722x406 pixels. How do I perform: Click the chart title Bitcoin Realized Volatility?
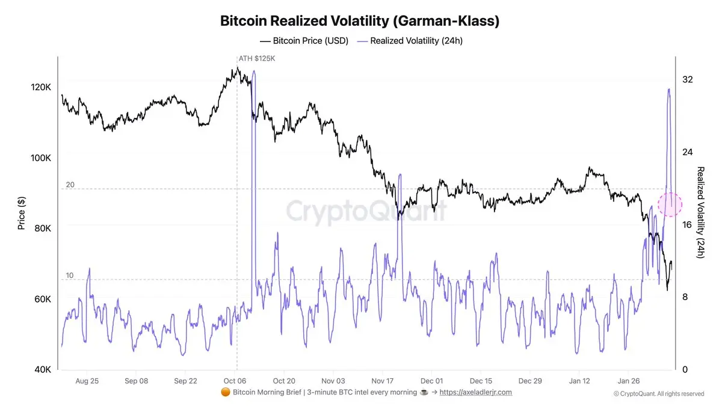(x=360, y=21)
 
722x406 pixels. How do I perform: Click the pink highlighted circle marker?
(x=670, y=204)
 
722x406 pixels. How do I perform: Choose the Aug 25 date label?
(x=87, y=381)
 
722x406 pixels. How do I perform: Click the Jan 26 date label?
(x=629, y=381)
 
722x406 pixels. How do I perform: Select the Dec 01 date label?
(x=431, y=381)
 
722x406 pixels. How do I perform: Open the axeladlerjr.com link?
(x=475, y=392)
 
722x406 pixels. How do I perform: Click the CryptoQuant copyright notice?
(x=659, y=394)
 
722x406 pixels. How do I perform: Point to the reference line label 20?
(x=70, y=185)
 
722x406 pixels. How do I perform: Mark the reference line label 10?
(x=70, y=275)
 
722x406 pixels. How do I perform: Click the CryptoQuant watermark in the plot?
(x=366, y=212)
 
